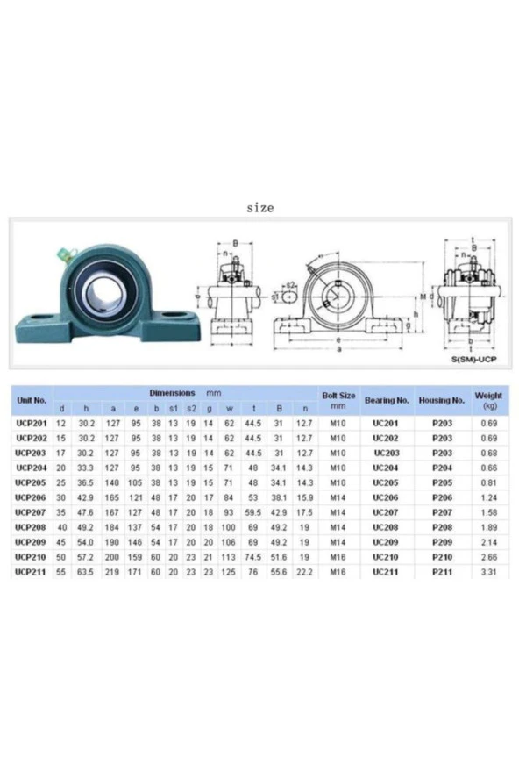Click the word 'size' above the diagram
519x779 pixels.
(259, 208)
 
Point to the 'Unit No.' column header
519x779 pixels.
(32, 400)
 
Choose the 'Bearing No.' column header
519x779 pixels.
(387, 400)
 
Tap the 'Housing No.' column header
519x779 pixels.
(441, 400)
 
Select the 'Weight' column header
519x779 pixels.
(488, 400)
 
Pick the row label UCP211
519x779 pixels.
(32, 572)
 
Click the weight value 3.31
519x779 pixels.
(488, 572)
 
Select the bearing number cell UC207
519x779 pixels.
(386, 512)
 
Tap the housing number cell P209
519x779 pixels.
(442, 542)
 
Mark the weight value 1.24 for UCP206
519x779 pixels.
(488, 497)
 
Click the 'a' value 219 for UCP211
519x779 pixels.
(112, 572)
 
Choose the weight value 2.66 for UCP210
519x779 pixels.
(488, 557)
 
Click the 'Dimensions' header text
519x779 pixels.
(172, 393)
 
